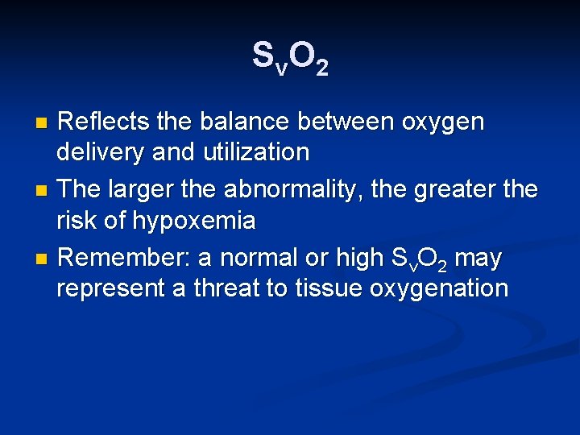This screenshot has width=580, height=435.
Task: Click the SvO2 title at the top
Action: [290, 58]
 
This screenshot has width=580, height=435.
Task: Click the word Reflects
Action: [104, 122]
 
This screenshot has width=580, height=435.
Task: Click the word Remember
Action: [125, 258]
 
